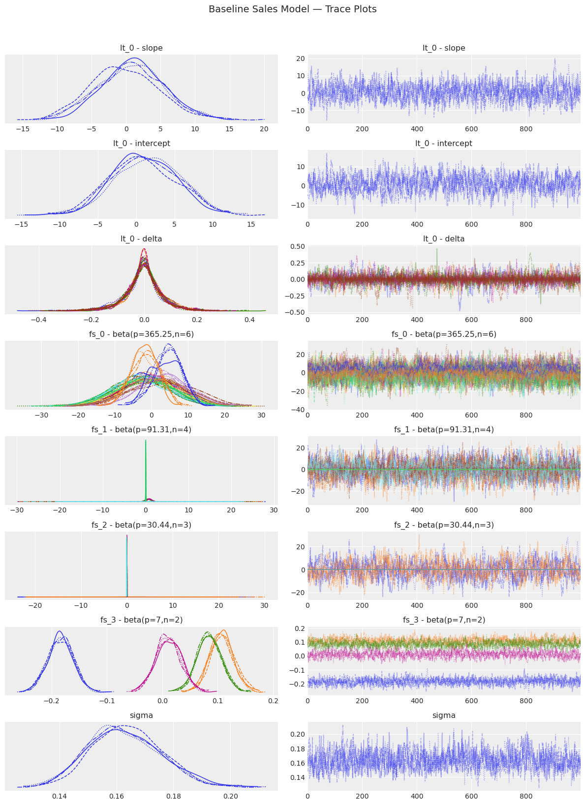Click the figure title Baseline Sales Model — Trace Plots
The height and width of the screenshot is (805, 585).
click(292, 9)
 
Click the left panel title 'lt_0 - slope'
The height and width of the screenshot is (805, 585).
click(141, 48)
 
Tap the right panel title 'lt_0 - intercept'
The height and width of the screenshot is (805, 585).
click(444, 144)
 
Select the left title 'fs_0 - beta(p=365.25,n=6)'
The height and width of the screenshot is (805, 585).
click(141, 334)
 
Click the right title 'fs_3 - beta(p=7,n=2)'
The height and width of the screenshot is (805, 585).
click(444, 620)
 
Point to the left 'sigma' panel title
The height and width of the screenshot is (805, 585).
click(141, 716)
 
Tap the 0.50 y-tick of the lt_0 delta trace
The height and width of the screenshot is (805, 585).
click(298, 246)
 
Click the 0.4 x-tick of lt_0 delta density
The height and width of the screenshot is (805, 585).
click(249, 320)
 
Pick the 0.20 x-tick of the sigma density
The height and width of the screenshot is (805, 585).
click(230, 796)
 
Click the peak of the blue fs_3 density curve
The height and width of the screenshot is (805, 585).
click(60, 631)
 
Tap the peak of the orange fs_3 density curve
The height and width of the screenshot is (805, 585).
click(223, 630)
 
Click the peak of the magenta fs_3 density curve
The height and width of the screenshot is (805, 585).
click(164, 634)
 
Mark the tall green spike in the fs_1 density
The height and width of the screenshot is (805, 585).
click(146, 441)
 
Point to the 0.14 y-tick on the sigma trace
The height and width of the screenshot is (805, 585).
click(298, 777)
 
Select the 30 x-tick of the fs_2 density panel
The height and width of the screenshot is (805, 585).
click(264, 606)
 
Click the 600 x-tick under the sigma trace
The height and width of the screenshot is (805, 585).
click(471, 796)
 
